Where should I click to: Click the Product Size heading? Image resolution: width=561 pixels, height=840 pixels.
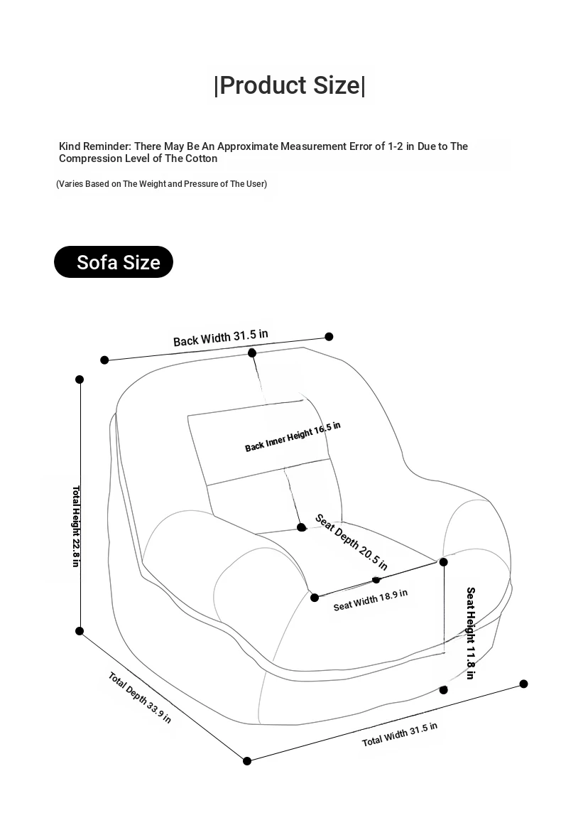289,85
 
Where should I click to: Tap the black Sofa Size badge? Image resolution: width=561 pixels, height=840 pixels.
114,262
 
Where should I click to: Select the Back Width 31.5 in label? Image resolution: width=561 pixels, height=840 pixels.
221,338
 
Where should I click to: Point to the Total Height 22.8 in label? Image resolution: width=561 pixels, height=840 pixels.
75,526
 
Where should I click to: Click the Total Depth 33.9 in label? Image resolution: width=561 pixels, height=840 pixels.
140,697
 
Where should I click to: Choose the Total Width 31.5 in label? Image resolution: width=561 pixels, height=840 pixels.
400,734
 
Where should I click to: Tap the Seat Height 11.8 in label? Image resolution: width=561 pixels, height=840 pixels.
470,632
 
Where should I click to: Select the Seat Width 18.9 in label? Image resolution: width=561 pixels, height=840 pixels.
371,600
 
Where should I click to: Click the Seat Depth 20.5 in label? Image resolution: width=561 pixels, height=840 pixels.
352,542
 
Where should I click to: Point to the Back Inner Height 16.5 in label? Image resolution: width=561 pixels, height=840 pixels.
293,436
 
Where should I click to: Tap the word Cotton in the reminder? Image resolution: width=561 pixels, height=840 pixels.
202,158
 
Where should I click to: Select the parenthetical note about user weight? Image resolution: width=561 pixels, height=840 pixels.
162,184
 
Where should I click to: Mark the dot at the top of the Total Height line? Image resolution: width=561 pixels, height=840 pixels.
80,379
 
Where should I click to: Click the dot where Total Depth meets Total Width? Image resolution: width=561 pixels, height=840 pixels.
247,761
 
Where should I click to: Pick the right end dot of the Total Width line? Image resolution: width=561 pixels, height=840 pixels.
524,684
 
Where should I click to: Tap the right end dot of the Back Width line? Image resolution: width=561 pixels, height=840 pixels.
329,336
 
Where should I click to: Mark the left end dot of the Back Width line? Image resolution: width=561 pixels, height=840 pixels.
104,360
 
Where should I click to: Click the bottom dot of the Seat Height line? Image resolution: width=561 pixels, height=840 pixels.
444,690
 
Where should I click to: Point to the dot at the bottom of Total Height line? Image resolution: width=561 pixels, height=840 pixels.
80,631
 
